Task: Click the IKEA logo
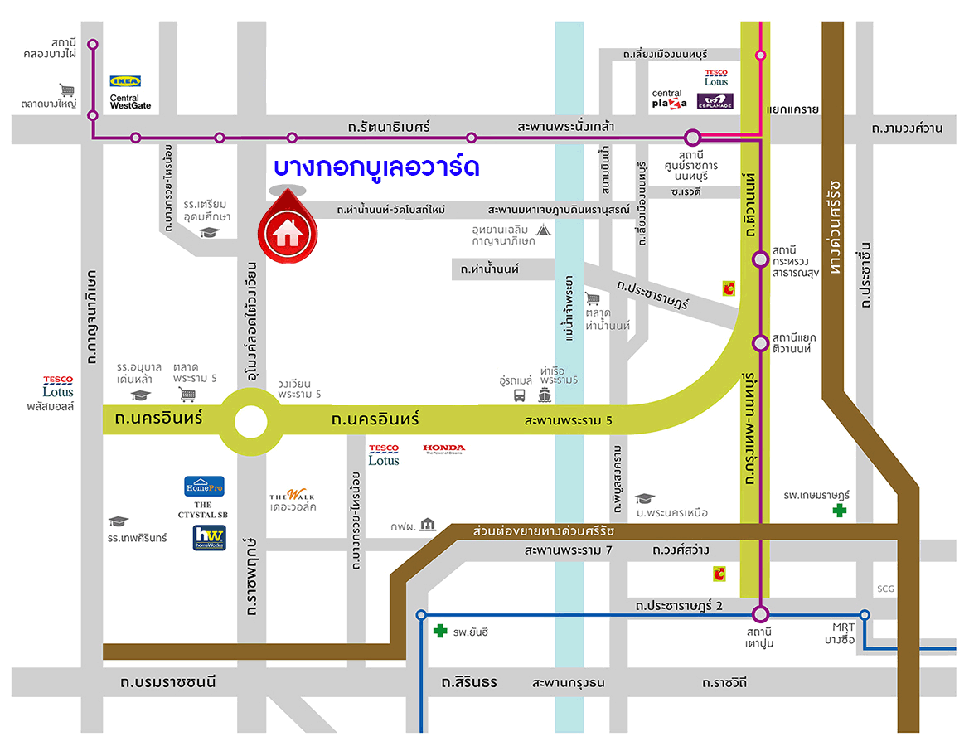[126, 81]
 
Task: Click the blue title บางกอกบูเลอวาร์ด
[377, 167]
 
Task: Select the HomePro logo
[204, 486]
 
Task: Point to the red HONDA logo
[444, 448]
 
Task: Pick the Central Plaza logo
[669, 99]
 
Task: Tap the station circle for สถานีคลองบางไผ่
[93, 45]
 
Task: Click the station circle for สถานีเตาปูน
[760, 614]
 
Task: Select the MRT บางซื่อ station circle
[865, 614]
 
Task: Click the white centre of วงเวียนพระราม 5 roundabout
[251, 422]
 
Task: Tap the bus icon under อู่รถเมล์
[519, 395]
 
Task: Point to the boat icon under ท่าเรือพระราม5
[545, 395]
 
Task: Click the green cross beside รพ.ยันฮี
[440, 632]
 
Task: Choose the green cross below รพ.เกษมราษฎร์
[840, 511]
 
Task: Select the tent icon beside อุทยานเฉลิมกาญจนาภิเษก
[544, 230]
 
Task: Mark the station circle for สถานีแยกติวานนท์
[760, 343]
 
